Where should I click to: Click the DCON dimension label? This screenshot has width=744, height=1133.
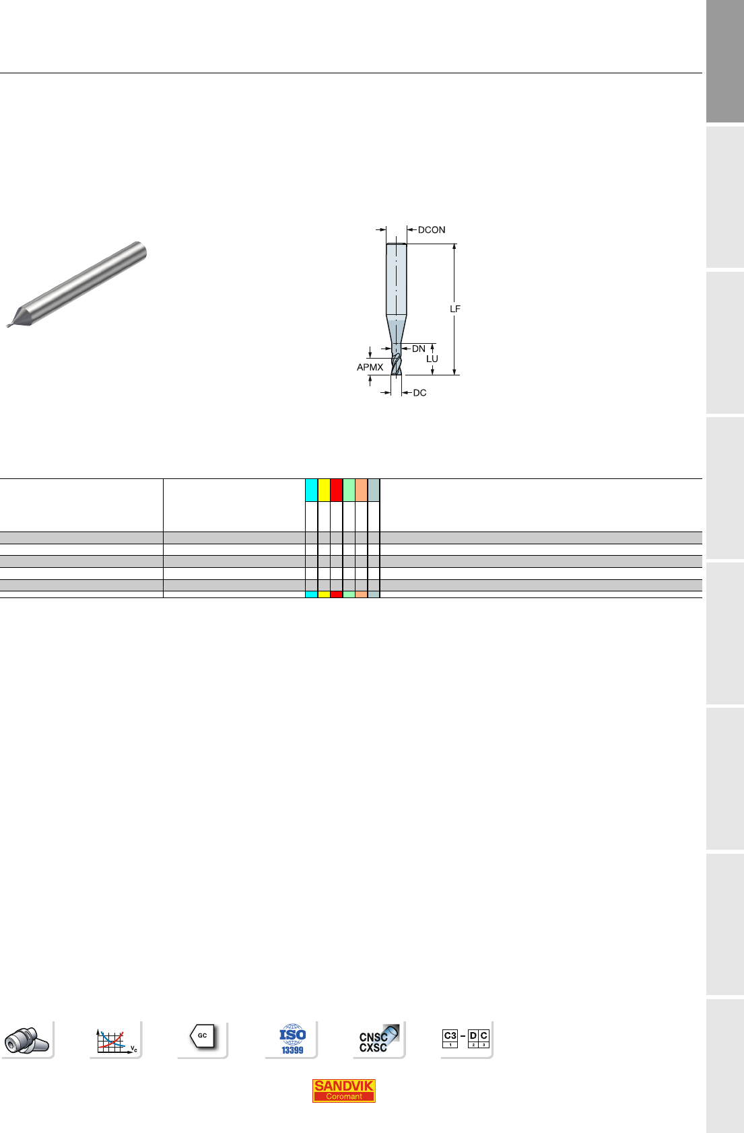click(431, 229)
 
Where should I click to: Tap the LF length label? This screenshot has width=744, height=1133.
click(455, 309)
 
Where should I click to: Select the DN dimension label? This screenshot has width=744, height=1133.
click(419, 349)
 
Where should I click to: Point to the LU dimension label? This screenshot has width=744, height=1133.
click(432, 359)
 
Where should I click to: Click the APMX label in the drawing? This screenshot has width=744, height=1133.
click(370, 367)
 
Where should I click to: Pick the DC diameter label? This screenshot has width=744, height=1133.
click(419, 393)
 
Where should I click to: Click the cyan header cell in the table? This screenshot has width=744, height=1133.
click(311, 490)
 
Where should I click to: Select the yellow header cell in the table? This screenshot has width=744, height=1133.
click(324, 490)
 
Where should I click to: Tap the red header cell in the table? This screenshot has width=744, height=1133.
click(336, 490)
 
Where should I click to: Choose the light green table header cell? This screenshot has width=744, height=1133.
click(349, 490)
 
